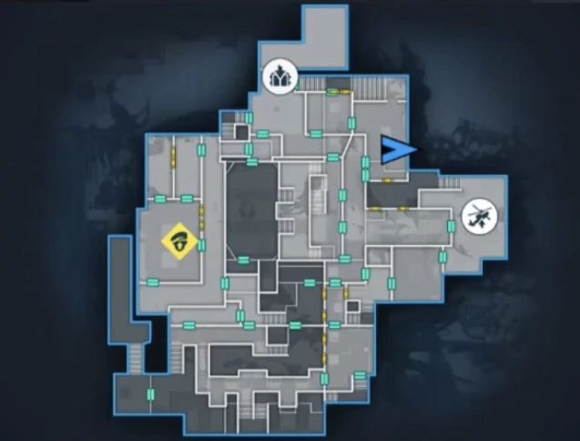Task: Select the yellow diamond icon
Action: [x=180, y=241]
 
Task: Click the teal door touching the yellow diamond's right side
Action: [x=201, y=244]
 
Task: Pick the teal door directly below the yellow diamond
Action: [x=152, y=281]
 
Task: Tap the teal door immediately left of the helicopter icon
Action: [x=450, y=225]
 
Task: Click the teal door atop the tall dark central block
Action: [x=251, y=161]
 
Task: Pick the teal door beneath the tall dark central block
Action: [x=244, y=260]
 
